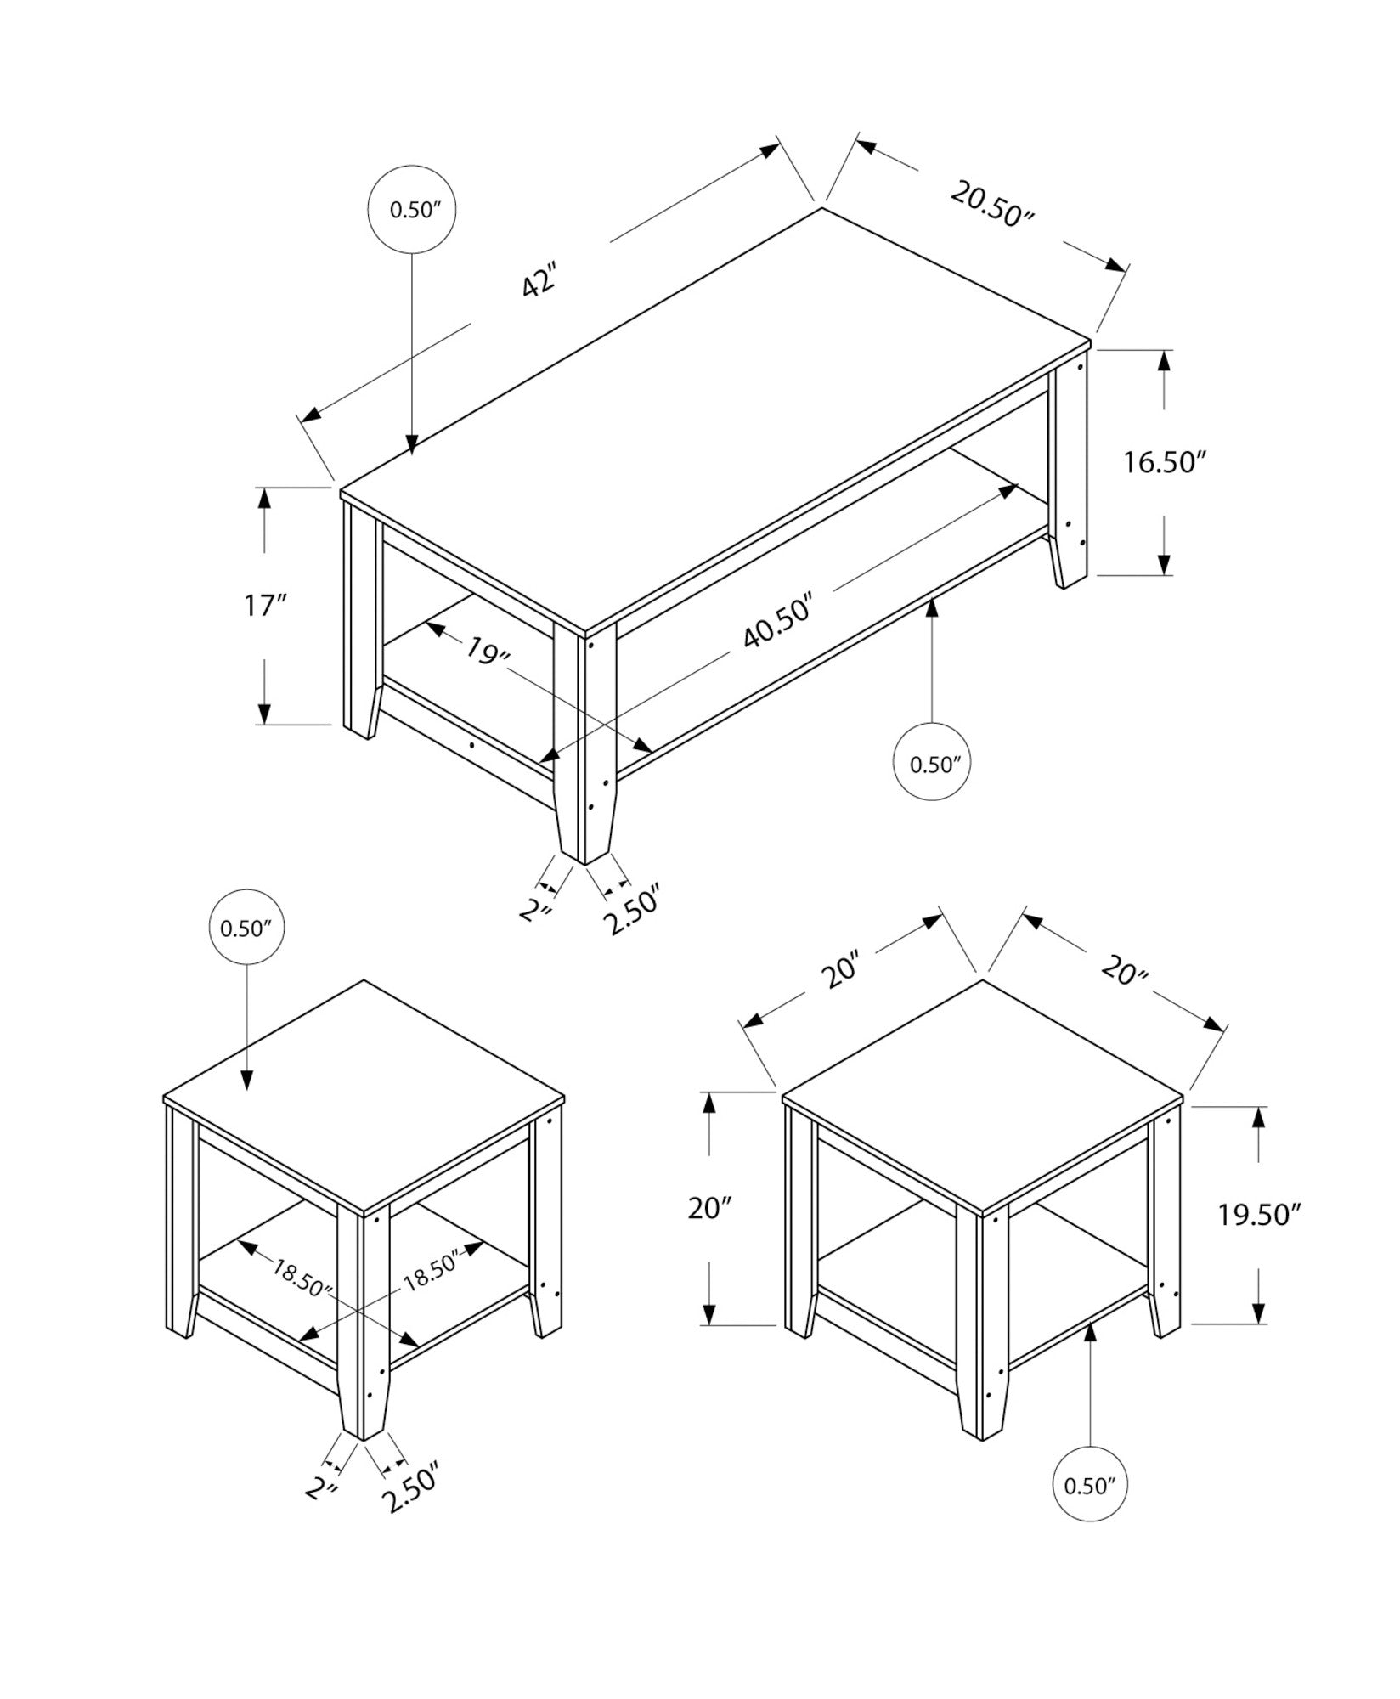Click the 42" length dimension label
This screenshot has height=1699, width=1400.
(539, 281)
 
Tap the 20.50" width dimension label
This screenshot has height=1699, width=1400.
(992, 205)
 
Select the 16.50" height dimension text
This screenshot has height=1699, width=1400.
(1165, 463)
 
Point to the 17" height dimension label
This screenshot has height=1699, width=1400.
(265, 607)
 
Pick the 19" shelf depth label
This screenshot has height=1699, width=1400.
(487, 651)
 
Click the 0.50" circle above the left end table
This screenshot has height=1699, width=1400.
(246, 929)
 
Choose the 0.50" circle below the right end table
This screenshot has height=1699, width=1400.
(1089, 1486)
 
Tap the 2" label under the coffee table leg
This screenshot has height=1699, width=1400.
(536, 912)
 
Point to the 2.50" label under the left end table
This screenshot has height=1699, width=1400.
(410, 1486)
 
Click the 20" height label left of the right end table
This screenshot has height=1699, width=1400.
(710, 1208)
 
